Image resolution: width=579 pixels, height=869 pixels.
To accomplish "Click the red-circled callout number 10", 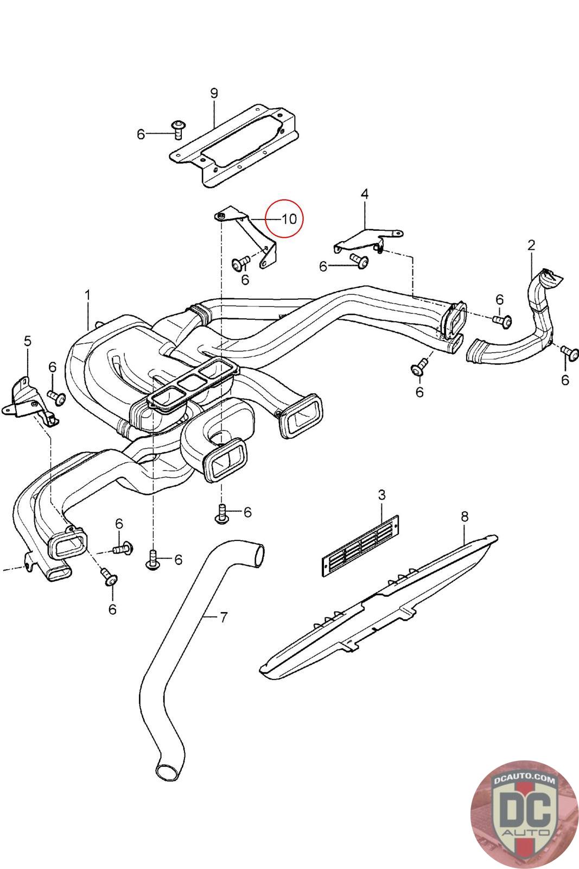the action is (x=289, y=219).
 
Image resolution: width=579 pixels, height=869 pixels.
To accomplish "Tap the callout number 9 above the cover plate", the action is (x=214, y=93).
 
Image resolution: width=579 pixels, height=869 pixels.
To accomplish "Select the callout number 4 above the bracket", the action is (x=365, y=194).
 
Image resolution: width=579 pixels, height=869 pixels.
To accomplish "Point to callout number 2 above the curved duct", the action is (x=531, y=245).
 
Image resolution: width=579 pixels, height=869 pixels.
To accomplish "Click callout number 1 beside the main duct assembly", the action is (x=87, y=295).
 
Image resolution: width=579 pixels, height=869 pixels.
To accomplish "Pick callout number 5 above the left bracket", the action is (x=28, y=342).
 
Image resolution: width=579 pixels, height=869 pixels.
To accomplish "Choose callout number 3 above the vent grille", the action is (x=381, y=495).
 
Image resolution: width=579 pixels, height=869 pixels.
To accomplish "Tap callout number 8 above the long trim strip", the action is (x=465, y=517).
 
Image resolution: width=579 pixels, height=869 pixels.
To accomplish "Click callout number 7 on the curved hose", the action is (x=223, y=617).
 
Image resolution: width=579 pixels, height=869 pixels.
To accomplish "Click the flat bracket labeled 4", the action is (x=368, y=241).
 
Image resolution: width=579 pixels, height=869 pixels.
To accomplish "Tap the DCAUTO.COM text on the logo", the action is (x=524, y=779).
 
